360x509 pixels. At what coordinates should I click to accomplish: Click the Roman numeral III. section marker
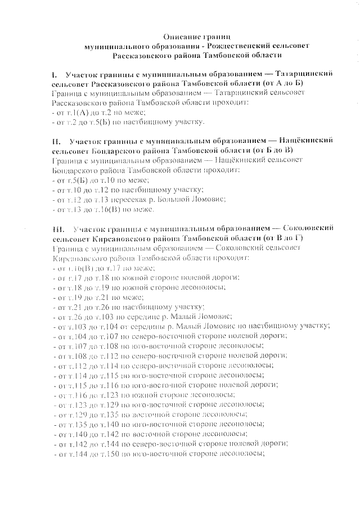(x=56, y=229)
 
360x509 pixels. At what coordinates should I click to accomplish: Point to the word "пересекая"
(x=125, y=199)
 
